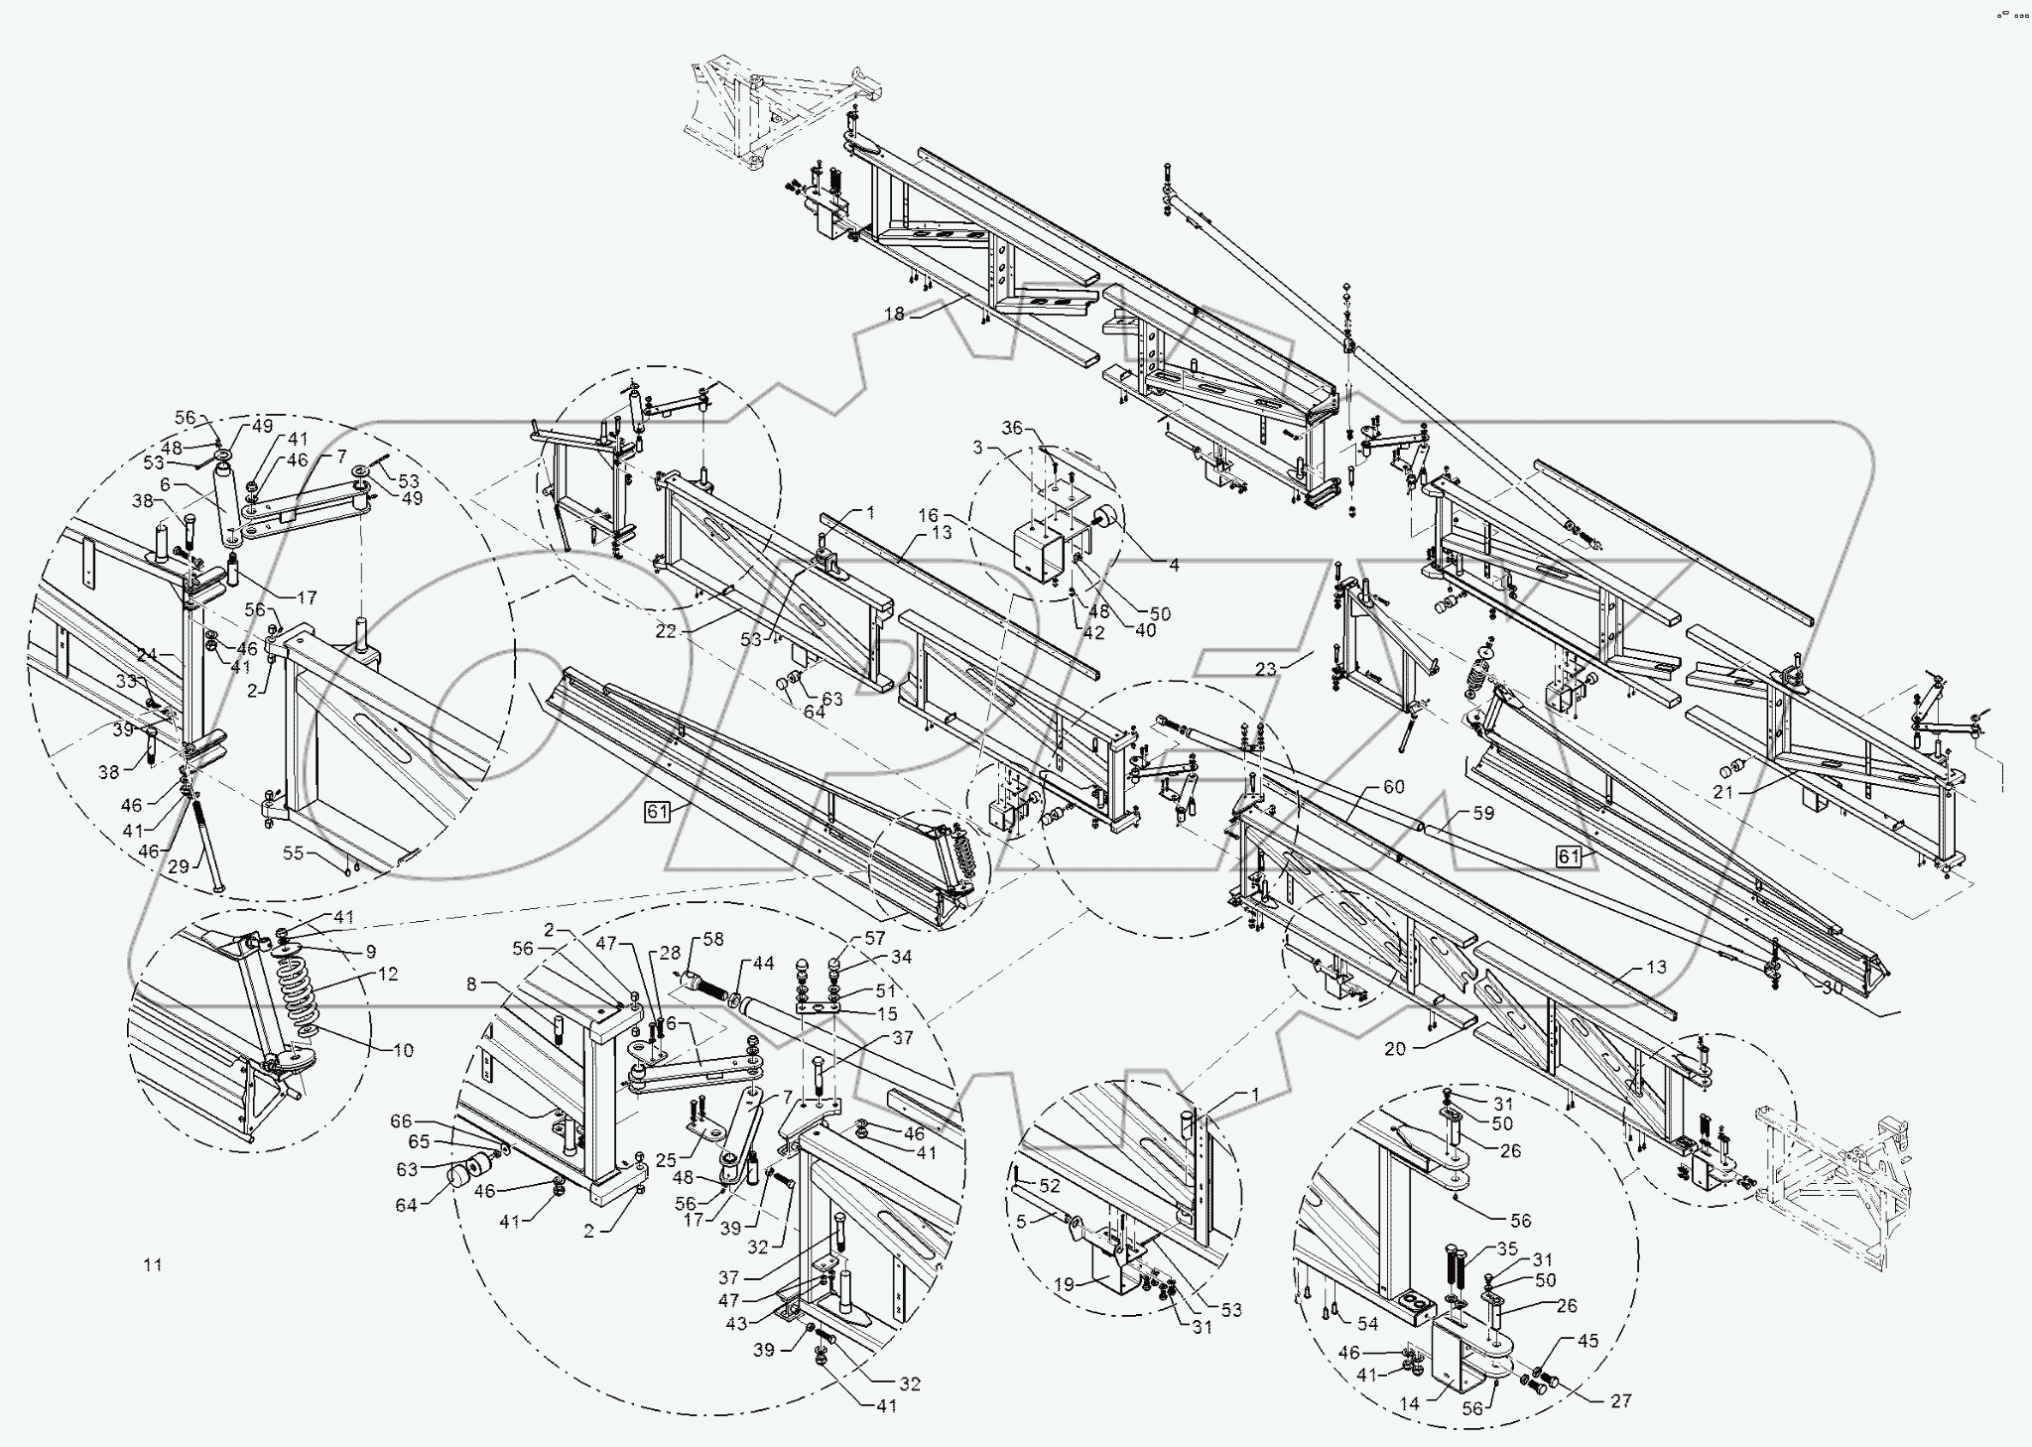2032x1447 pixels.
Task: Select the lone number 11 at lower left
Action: [152, 1264]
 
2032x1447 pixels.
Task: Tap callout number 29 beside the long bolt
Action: [178, 867]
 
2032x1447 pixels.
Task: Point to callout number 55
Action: [293, 853]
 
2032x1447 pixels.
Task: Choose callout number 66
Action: [400, 1120]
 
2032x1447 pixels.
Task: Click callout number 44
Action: [762, 964]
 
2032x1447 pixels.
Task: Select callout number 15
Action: [888, 1013]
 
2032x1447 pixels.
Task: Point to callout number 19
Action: [1064, 1283]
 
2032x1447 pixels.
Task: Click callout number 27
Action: [1621, 1401]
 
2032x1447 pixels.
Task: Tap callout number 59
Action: [1483, 812]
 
